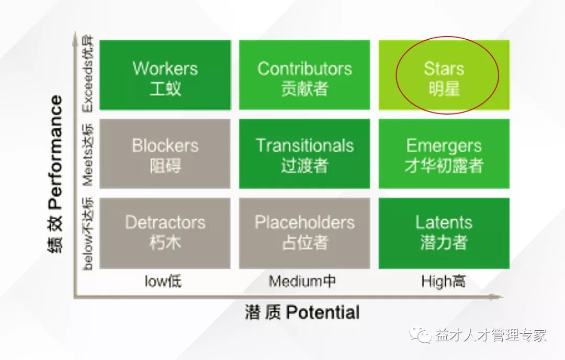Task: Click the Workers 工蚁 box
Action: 165,75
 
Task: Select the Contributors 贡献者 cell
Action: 304,75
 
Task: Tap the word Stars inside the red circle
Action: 444,69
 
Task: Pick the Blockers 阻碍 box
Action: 165,154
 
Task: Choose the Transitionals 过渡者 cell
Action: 304,154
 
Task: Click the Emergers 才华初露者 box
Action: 444,154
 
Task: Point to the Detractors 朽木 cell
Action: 165,233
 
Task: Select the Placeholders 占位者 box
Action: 304,233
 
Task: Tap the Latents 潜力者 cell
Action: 444,233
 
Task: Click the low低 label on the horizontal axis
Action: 163,281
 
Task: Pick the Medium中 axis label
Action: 302,281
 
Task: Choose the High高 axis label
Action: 444,281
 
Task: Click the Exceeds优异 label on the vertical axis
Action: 87,74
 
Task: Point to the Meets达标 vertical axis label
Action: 87,155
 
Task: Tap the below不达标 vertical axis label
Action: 87,233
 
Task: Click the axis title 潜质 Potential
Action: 302,312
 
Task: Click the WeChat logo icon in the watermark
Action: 420,335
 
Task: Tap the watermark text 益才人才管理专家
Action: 491,335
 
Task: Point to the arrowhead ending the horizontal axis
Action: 499,297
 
